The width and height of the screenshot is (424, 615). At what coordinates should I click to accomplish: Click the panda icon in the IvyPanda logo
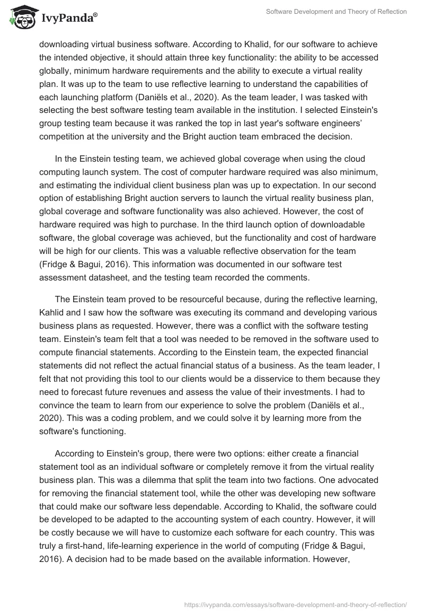coord(21,18)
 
